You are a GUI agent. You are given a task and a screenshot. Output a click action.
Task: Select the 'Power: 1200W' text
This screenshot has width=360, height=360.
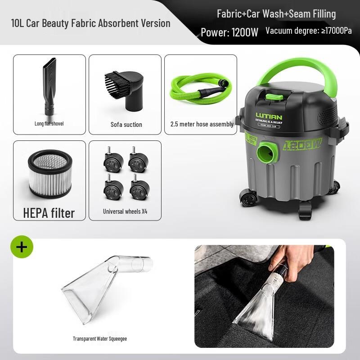[x=229, y=32]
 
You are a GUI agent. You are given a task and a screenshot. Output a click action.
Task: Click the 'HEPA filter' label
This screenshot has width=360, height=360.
[x=49, y=212]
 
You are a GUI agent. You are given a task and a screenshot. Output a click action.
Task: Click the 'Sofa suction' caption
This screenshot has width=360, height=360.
[x=126, y=125]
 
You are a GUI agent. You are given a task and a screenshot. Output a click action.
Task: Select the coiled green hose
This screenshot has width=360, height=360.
[x=198, y=88]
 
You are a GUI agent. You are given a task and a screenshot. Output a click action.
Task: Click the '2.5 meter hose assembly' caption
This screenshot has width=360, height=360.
[x=202, y=124]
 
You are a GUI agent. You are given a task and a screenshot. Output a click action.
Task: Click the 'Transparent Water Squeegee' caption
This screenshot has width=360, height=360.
[x=100, y=338]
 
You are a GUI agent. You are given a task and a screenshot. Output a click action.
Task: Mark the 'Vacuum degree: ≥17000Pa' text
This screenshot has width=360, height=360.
[x=309, y=31]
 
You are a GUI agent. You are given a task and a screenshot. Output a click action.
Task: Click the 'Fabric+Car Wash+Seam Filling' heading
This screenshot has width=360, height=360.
[x=276, y=14]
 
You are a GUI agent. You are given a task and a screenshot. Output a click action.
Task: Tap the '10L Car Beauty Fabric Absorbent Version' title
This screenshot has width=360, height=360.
[x=91, y=23]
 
